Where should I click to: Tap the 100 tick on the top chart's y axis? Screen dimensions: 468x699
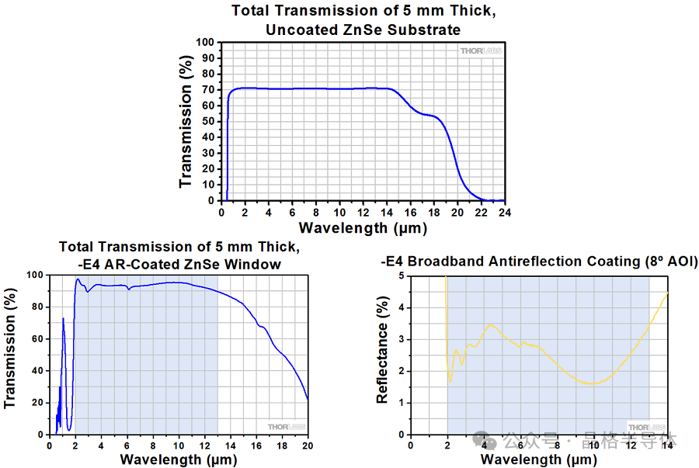(x=204, y=42)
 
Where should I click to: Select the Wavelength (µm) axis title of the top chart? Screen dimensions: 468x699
(x=363, y=227)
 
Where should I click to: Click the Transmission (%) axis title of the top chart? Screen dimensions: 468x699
(x=186, y=122)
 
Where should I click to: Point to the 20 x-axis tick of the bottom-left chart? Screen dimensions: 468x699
(x=308, y=446)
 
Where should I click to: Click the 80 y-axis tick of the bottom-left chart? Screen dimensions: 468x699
(x=34, y=307)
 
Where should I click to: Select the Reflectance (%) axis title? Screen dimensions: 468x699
(x=382, y=353)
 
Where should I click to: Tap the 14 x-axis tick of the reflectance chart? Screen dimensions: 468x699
(x=666, y=446)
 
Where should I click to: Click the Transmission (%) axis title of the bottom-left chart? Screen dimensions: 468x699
(x=10, y=354)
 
